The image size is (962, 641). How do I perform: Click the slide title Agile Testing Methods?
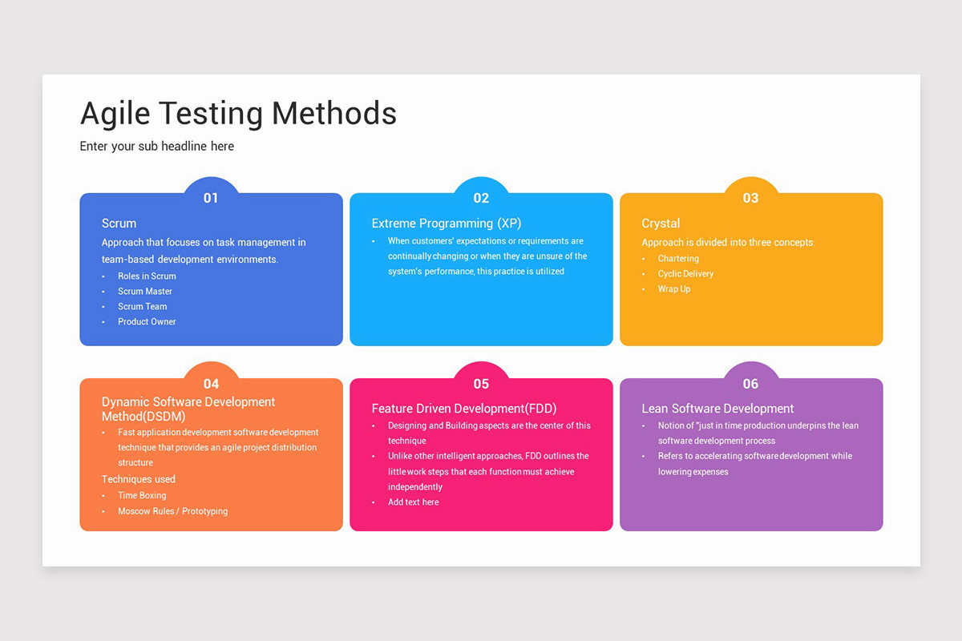238,114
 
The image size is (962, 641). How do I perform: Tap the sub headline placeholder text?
157,147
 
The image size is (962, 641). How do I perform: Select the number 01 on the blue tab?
211,198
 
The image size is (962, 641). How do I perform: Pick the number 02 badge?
481,198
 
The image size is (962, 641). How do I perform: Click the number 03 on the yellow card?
750,198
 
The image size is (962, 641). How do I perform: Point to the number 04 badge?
211,384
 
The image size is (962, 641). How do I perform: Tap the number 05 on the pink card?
481,384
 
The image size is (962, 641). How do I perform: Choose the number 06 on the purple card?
750,384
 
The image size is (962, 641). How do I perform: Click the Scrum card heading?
119,224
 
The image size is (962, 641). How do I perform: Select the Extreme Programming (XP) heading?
447,224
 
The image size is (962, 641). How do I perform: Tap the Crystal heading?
661,224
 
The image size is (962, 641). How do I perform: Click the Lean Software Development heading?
717,409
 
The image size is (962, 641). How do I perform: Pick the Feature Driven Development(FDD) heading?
464,409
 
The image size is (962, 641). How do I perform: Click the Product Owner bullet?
147,321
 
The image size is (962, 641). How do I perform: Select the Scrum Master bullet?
145,291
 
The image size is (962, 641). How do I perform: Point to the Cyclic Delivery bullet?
685,274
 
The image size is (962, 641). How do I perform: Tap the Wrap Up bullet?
674,289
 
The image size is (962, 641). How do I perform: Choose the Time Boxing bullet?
142,495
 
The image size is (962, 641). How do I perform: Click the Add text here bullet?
414,502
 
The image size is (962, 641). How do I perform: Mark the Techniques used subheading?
139,479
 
